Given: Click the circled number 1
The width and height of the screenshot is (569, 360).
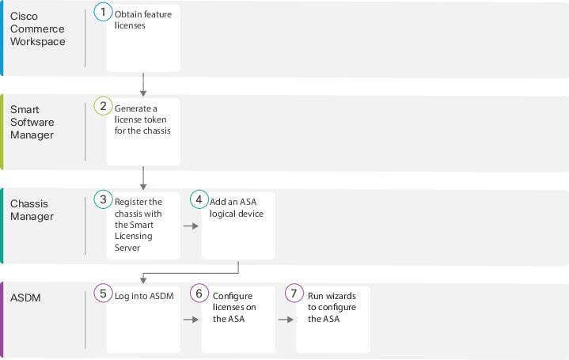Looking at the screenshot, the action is tap(103, 12).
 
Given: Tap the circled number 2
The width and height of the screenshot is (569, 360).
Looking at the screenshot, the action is tap(103, 106).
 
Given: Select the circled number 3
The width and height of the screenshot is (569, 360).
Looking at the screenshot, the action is tap(103, 199).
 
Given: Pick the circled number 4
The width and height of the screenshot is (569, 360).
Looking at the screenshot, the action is tap(199, 199).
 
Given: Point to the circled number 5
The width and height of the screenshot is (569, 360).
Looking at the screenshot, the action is tap(103, 294).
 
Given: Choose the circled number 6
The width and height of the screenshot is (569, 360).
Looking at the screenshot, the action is tap(199, 294).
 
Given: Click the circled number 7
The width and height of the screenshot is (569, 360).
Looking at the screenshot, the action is tap(294, 294).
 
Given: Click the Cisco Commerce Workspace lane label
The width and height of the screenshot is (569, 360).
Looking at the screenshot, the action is tap(38, 28).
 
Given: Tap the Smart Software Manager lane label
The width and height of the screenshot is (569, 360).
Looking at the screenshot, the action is tap(32, 122).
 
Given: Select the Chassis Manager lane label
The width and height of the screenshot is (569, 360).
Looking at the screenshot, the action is tap(32, 210).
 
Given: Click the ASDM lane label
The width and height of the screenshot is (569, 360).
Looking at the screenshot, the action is tap(25, 298).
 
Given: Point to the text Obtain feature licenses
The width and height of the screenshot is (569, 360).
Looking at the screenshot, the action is tap(143, 20).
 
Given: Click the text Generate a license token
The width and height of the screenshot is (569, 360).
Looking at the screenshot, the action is tap(140, 114).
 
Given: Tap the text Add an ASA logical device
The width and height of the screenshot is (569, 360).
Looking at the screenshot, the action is tap(237, 207).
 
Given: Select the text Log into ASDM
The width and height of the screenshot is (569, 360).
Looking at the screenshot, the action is tap(144, 296).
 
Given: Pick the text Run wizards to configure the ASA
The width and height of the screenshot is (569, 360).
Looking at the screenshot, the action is tap(332, 307).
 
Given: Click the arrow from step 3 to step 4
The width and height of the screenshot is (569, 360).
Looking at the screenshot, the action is tap(191, 226).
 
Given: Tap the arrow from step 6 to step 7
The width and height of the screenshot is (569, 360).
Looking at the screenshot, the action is tap(286, 320).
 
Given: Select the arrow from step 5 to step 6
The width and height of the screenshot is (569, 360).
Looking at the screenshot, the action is tap(191, 320).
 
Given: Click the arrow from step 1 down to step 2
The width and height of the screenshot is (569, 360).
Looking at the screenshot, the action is tap(143, 85).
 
